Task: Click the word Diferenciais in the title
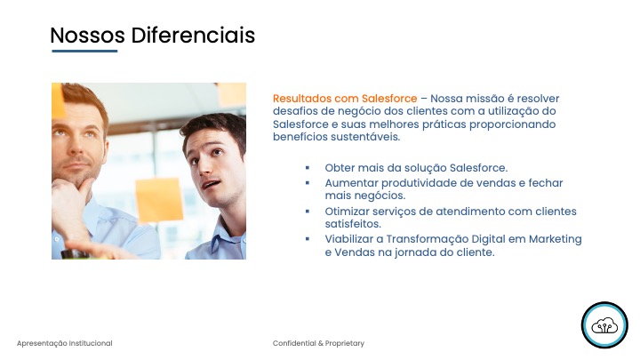(x=193, y=35)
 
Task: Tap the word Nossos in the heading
(x=87, y=35)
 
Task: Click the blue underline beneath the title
(x=84, y=51)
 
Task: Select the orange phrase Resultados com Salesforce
(x=345, y=99)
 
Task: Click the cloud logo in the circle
(x=604, y=325)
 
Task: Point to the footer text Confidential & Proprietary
(x=318, y=343)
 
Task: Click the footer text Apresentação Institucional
(x=65, y=343)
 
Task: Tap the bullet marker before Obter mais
(x=308, y=168)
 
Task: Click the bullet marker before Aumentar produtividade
(x=308, y=183)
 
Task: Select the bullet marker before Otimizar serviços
(x=308, y=212)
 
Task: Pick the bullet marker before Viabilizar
(x=308, y=239)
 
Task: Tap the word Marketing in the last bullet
(x=555, y=240)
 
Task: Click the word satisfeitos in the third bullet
(x=353, y=224)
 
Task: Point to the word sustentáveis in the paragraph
(x=365, y=137)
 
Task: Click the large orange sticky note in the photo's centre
(x=159, y=199)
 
